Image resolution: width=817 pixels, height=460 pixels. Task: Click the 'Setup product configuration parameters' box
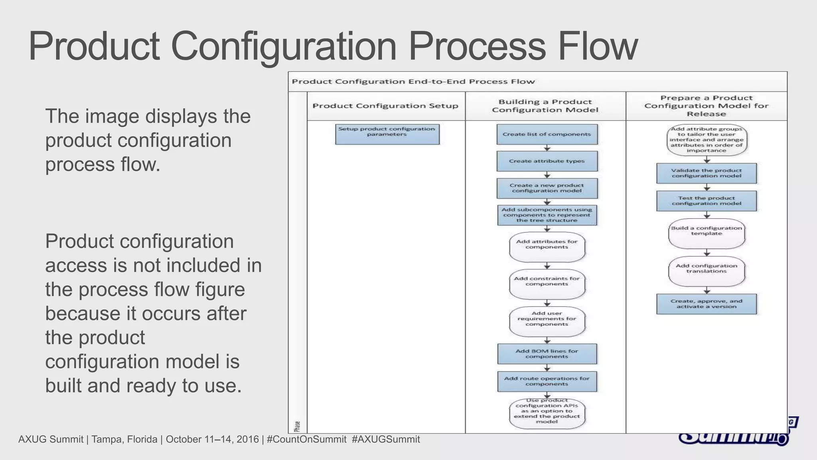387,134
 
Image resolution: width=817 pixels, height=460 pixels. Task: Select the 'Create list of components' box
547,135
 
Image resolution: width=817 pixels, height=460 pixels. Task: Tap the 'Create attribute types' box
547,161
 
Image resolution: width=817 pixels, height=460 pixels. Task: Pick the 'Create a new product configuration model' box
547,188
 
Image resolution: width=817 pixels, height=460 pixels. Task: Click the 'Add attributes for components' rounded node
547,247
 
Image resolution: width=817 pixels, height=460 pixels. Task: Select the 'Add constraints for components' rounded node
547,284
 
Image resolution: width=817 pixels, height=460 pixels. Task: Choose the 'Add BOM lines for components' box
547,354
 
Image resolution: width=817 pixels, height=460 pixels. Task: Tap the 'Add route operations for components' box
547,381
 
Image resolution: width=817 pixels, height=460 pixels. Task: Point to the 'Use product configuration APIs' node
547,414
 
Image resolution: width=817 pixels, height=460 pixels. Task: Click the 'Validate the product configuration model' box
706,173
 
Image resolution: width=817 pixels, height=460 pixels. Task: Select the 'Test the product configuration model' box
706,201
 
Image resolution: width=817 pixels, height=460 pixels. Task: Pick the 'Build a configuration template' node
706,234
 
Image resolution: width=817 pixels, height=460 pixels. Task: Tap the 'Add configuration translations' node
706,271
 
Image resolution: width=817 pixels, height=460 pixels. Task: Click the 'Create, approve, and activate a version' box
706,304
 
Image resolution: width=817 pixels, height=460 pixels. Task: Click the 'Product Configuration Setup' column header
385,106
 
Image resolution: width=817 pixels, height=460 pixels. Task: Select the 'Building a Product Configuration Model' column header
545,106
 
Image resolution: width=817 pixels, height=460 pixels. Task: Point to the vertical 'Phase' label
297,426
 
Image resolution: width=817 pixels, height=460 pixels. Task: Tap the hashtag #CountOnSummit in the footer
306,440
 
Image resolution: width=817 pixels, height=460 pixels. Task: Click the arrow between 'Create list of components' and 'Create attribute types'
547,148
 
